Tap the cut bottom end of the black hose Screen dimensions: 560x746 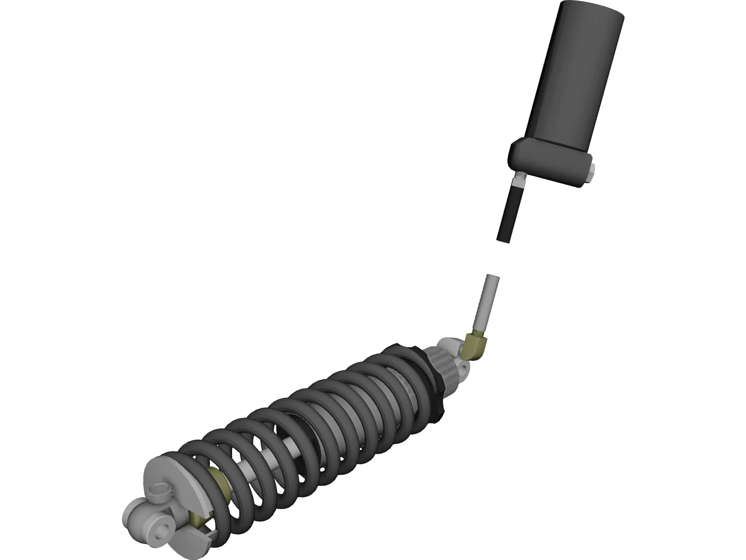504,239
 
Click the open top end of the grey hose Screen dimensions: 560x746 492,277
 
